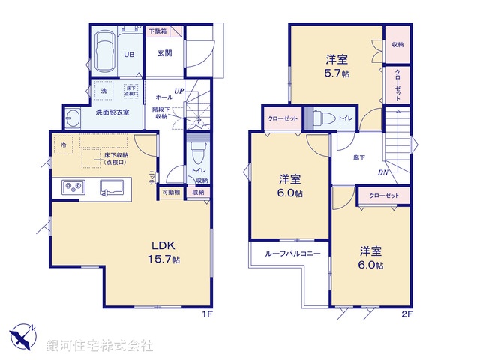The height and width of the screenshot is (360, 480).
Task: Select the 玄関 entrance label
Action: click(165, 53)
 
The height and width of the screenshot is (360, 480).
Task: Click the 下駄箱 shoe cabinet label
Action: click(157, 31)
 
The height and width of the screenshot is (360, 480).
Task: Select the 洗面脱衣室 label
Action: click(112, 112)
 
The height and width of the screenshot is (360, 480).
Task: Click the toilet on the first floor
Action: click(198, 157)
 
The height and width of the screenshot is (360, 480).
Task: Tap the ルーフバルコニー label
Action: click(292, 253)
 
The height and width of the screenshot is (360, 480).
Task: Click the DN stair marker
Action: click(382, 174)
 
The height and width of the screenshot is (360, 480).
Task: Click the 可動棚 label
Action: click(170, 193)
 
